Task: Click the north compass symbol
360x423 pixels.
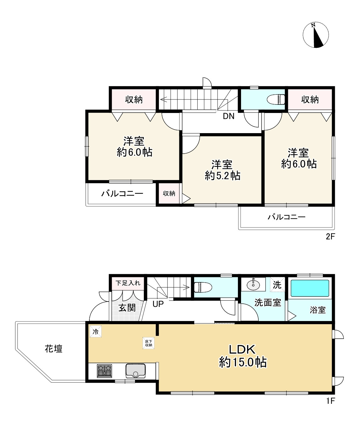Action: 316,35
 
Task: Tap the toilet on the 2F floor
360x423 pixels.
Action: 276,99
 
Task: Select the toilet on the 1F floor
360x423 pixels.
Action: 203,287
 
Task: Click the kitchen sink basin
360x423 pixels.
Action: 136,370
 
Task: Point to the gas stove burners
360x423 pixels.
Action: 104,371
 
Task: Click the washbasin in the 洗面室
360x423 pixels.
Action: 253,284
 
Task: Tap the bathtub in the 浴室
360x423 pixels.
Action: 310,288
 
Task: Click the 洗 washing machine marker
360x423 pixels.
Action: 277,285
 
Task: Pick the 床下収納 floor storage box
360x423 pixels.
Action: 149,343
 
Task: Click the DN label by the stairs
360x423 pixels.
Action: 228,116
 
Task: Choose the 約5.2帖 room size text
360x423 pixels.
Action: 222,176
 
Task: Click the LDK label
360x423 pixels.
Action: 242,349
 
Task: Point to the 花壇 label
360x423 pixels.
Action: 53,348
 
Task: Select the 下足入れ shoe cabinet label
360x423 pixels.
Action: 128,283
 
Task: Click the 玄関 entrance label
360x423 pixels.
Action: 127,307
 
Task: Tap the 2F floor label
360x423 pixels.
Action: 330,237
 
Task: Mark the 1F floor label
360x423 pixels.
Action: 330,401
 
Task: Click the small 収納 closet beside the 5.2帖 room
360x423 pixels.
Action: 169,193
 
